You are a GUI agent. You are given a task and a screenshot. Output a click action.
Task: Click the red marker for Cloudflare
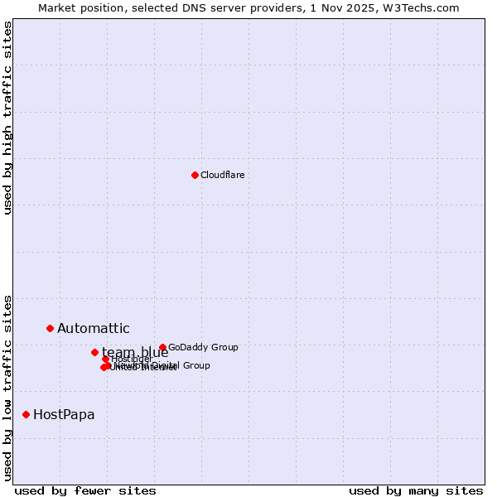[195, 175]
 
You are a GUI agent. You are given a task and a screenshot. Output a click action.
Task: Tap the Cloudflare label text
[222, 175]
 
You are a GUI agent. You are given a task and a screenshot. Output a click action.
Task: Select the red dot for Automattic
[50, 329]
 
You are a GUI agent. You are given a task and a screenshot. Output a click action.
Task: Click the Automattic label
[93, 329]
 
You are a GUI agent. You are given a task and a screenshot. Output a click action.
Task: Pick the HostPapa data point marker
[27, 414]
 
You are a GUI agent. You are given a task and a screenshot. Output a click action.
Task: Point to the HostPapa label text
[64, 415]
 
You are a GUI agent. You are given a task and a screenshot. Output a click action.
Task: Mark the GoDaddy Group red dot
[162, 348]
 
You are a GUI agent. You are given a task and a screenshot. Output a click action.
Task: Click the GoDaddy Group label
[203, 348]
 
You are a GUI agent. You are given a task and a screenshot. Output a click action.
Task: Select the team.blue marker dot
[94, 352]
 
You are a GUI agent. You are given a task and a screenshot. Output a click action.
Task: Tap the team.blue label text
[135, 352]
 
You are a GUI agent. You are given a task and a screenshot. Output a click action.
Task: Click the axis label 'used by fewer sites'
[85, 490]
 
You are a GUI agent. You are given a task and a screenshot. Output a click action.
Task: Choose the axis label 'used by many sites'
[416, 490]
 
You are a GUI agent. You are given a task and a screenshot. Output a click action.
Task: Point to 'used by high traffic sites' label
[8, 118]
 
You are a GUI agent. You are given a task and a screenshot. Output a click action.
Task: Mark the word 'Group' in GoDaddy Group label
[224, 348]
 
